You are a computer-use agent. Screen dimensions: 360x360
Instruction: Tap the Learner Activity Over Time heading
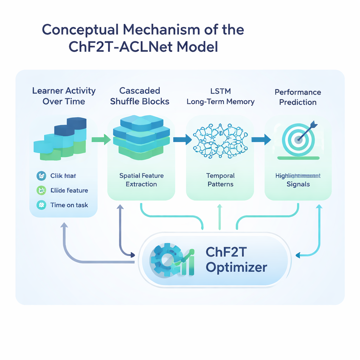64,96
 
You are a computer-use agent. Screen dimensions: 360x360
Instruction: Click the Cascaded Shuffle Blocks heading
140,96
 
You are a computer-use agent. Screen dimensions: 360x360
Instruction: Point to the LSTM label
220,91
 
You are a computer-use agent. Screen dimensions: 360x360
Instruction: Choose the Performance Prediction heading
298,97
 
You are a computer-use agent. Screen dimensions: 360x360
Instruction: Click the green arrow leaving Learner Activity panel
100,140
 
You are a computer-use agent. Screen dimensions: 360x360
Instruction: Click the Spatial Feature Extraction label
141,180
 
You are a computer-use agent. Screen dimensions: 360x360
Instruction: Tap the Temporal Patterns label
220,180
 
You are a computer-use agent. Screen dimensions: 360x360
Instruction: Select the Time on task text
69,205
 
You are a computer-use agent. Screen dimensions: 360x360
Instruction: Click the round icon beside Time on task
41,205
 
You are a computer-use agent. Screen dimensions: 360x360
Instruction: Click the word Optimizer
236,268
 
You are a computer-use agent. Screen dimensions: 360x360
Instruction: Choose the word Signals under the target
298,184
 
